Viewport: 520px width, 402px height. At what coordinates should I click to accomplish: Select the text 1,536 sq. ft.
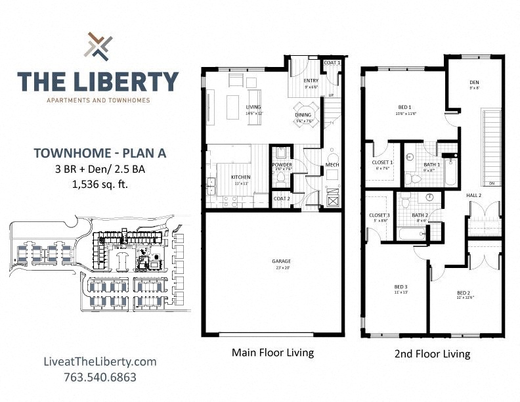tap(98, 185)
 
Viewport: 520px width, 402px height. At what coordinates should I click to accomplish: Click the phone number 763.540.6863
tap(98, 378)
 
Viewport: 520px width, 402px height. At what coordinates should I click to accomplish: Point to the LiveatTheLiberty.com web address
tap(98, 362)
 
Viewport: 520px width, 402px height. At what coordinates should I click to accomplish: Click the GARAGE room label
tap(281, 261)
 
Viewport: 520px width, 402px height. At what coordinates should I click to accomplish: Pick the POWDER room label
tap(282, 165)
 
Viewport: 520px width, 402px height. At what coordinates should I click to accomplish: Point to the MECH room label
tap(332, 165)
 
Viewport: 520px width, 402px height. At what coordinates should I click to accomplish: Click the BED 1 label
tap(404, 107)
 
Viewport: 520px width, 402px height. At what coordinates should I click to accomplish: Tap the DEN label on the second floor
tap(474, 83)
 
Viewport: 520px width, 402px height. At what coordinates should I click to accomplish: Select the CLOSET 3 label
tap(379, 215)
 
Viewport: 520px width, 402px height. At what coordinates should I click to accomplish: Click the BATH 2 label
tap(420, 215)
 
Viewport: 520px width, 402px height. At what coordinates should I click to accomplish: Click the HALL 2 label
tap(474, 195)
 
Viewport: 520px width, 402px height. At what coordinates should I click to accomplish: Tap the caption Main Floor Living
tap(272, 353)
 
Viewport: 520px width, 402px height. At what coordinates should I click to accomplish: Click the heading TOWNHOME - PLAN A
tap(98, 154)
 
